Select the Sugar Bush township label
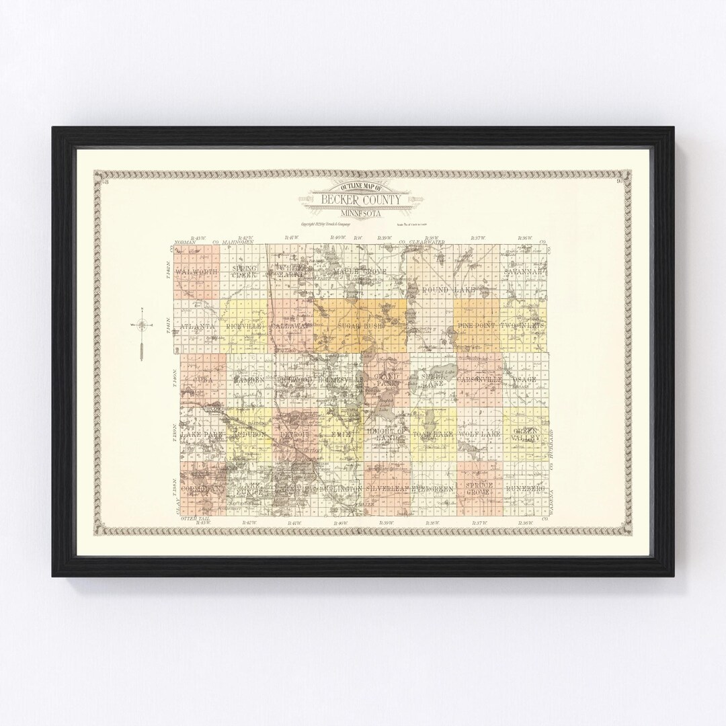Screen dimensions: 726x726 (x=360, y=325)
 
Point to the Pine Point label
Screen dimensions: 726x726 (x=476, y=325)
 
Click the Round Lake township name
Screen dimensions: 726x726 (x=449, y=290)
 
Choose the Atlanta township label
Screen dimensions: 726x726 (x=197, y=326)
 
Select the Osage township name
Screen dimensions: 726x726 (x=525, y=380)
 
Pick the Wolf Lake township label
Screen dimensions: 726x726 (x=479, y=434)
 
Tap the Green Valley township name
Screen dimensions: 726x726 (x=526, y=434)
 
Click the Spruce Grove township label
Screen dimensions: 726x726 (x=479, y=489)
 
